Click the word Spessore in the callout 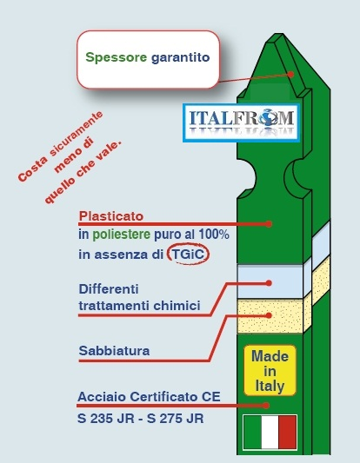[x=117, y=57]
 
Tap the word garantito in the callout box [x=180, y=57]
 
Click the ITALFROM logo [x=241, y=122]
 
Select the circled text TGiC [x=188, y=254]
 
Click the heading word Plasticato [x=111, y=215]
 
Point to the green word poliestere [x=121, y=235]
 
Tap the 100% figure [x=214, y=235]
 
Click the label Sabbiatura [x=114, y=351]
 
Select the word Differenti [x=109, y=288]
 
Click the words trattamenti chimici [x=139, y=306]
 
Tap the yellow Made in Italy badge [x=270, y=371]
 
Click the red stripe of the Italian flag [x=287, y=432]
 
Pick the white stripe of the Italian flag [x=270, y=432]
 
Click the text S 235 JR [x=106, y=419]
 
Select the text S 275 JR [x=176, y=419]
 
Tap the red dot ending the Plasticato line [x=269, y=224]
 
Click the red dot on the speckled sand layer [x=269, y=315]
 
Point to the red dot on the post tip [x=290, y=74]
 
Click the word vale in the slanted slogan [x=110, y=150]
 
